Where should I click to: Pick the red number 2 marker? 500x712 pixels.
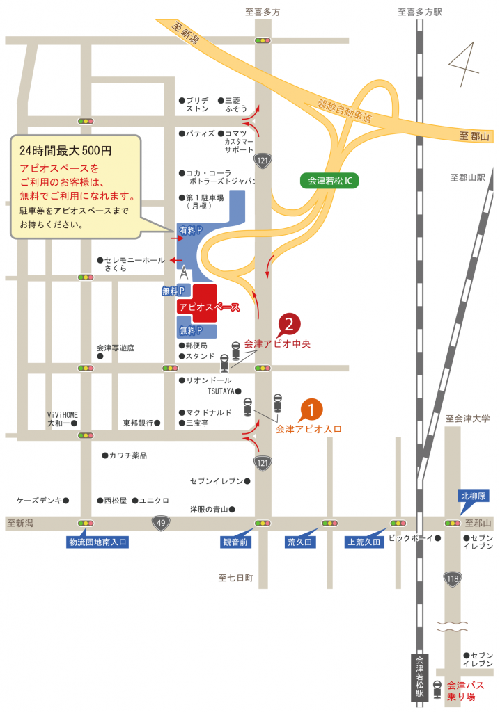click(x=290, y=324)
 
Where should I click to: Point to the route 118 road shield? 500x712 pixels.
click(x=453, y=578)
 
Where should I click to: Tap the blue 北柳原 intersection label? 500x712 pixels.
click(x=474, y=496)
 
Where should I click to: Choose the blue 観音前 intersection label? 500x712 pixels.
click(x=236, y=542)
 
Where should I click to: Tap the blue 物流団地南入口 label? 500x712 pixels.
click(x=97, y=542)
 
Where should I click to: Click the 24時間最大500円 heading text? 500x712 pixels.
click(x=65, y=149)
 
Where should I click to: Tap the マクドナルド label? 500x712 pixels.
click(x=205, y=412)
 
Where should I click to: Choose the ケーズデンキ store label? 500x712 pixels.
click(x=40, y=500)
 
